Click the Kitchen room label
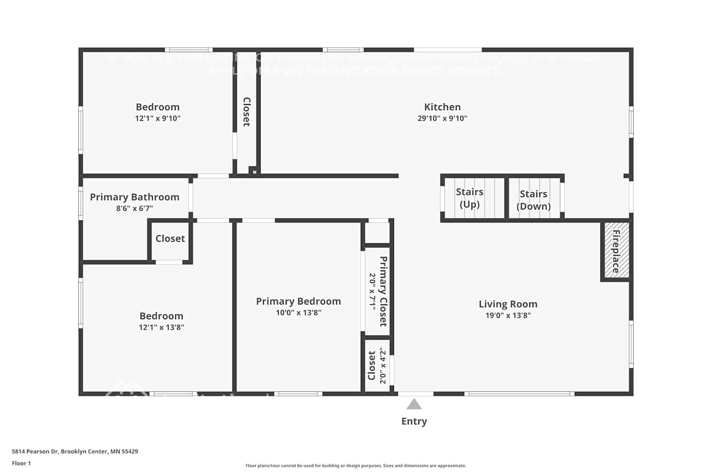pyautogui.click(x=442, y=107)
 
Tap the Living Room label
pyautogui.click(x=508, y=304)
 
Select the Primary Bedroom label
pyautogui.click(x=298, y=301)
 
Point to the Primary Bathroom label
pyautogui.click(x=134, y=197)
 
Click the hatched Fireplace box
pyautogui.click(x=616, y=251)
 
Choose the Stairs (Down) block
pyautogui.click(x=534, y=199)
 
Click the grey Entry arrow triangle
pyautogui.click(x=414, y=404)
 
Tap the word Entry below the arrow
pyautogui.click(x=414, y=421)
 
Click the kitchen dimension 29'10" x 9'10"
pyautogui.click(x=442, y=118)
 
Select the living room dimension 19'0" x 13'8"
pyautogui.click(x=508, y=315)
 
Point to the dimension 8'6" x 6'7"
pyautogui.click(x=134, y=209)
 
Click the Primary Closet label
pyautogui.click(x=383, y=291)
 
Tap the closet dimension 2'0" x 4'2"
pyautogui.click(x=383, y=366)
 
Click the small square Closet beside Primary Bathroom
pyautogui.click(x=170, y=238)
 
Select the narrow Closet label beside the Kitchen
pyautogui.click(x=247, y=112)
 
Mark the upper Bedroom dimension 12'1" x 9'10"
pyautogui.click(x=158, y=118)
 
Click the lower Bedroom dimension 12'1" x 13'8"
pyautogui.click(x=161, y=327)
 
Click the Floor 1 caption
pyautogui.click(x=21, y=463)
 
